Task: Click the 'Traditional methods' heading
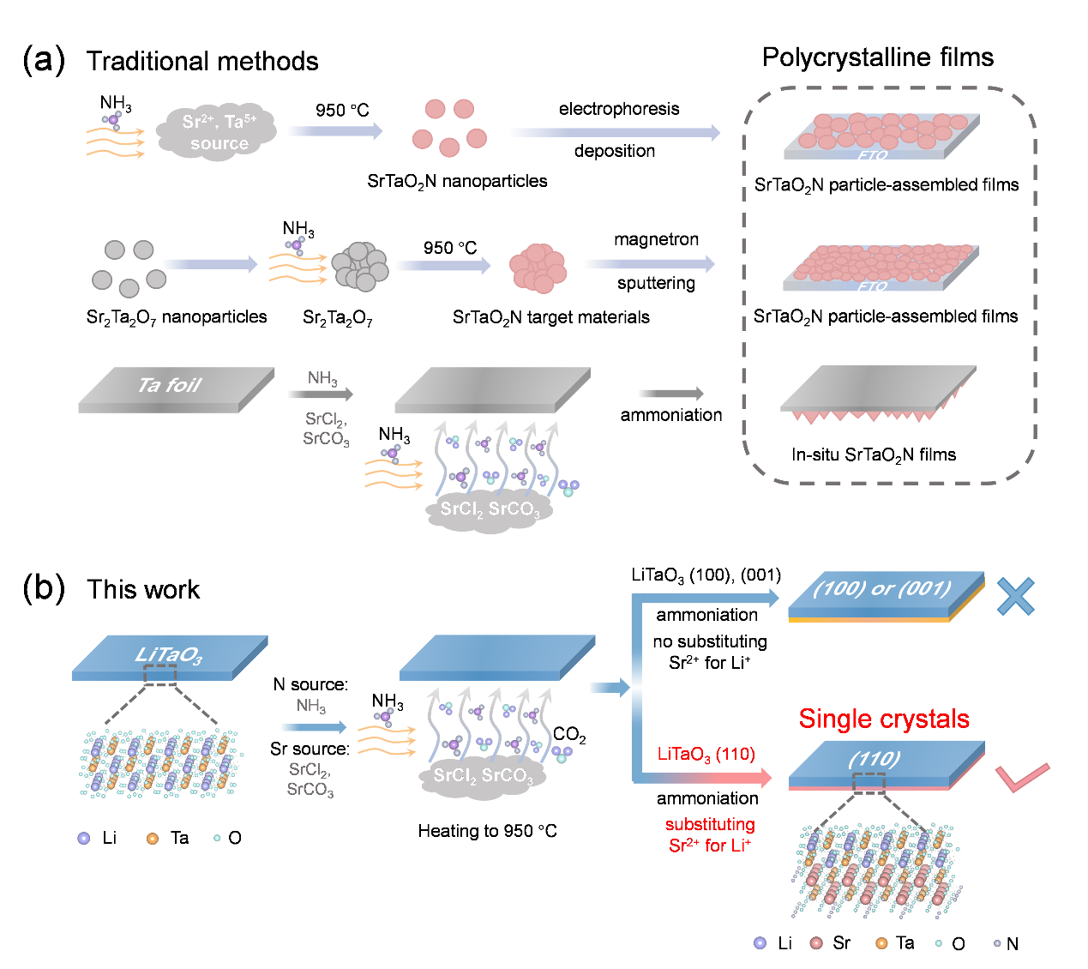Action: click(x=202, y=62)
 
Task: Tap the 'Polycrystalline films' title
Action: click(x=877, y=57)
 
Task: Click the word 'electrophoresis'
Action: click(x=619, y=109)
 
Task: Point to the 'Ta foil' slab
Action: click(x=171, y=388)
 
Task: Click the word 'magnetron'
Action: click(x=656, y=239)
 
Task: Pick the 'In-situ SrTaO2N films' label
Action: click(x=873, y=455)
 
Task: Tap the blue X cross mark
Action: click(x=1015, y=596)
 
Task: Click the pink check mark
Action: click(x=1022, y=777)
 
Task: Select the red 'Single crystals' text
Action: click(x=884, y=719)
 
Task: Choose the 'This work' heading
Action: click(x=143, y=590)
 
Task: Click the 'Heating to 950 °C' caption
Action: click(x=487, y=831)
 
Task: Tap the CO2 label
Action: click(x=569, y=735)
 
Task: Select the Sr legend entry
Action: click(x=831, y=943)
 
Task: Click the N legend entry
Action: click(x=1007, y=944)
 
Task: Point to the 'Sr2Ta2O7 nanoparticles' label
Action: click(x=177, y=317)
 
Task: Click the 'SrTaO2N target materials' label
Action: click(x=550, y=318)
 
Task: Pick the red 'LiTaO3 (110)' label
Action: click(x=706, y=755)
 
